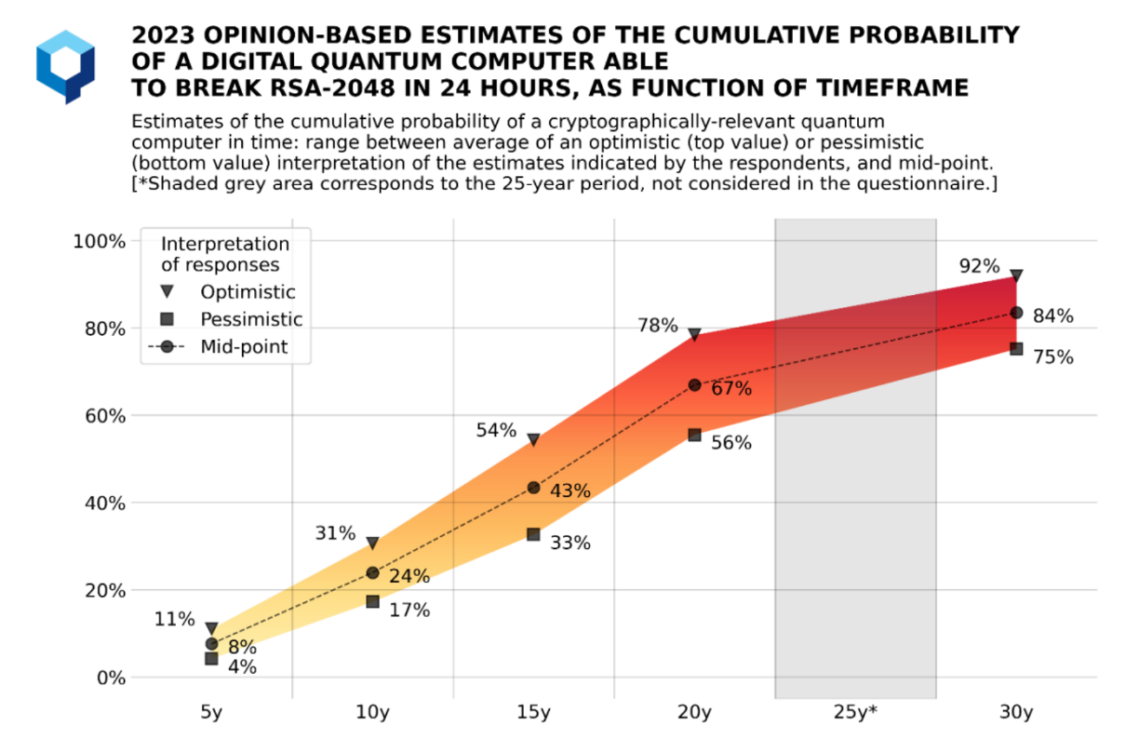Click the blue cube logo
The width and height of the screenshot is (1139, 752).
[65, 67]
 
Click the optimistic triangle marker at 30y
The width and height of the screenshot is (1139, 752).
[1016, 276]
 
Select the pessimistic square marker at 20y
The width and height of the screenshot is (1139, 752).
[694, 435]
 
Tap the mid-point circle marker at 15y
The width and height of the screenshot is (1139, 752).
[533, 488]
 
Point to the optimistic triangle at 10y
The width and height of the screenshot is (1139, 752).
[372, 543]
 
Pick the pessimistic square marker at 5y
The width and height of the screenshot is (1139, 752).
[211, 658]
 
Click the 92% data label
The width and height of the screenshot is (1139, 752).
[979, 266]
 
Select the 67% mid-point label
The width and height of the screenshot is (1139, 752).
[731, 389]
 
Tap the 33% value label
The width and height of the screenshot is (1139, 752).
[570, 543]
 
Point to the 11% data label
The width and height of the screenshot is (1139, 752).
[174, 619]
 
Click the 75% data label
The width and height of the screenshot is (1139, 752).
[1053, 357]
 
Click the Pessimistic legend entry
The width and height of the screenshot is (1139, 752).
[232, 319]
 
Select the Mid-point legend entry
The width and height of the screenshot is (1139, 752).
[218, 347]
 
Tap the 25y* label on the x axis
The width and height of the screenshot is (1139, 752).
[855, 712]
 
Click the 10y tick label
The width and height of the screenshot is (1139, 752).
[372, 712]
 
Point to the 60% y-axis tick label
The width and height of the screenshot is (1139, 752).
[105, 416]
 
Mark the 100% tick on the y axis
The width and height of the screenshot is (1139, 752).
[100, 241]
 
